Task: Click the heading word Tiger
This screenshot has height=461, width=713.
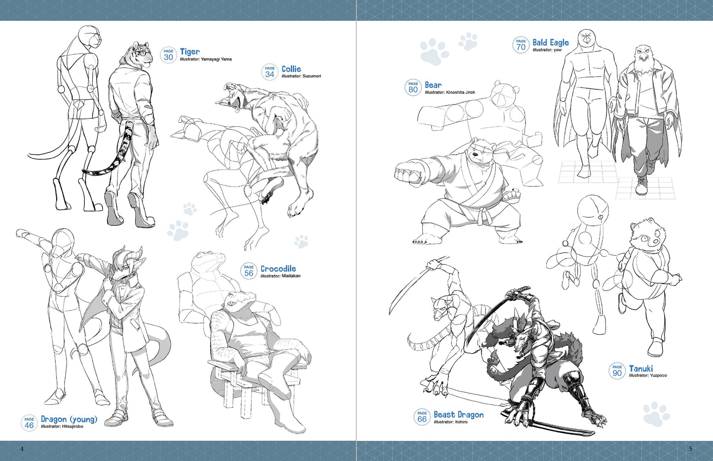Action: (189, 51)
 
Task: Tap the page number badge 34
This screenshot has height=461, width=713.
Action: (269, 72)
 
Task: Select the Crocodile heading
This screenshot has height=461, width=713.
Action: (278, 269)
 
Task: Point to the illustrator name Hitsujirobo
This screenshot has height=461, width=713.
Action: (73, 426)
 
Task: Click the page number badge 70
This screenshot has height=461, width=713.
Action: (521, 45)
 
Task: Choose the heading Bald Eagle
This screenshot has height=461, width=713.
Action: (550, 42)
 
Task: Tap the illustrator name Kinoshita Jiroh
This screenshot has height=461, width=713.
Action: (460, 92)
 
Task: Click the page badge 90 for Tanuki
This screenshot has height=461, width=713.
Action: (617, 371)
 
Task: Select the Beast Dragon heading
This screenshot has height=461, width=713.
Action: (458, 415)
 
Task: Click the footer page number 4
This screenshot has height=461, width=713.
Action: (22, 449)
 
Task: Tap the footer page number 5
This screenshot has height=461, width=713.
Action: (690, 449)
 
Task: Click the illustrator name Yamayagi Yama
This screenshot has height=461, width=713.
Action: (216, 59)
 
